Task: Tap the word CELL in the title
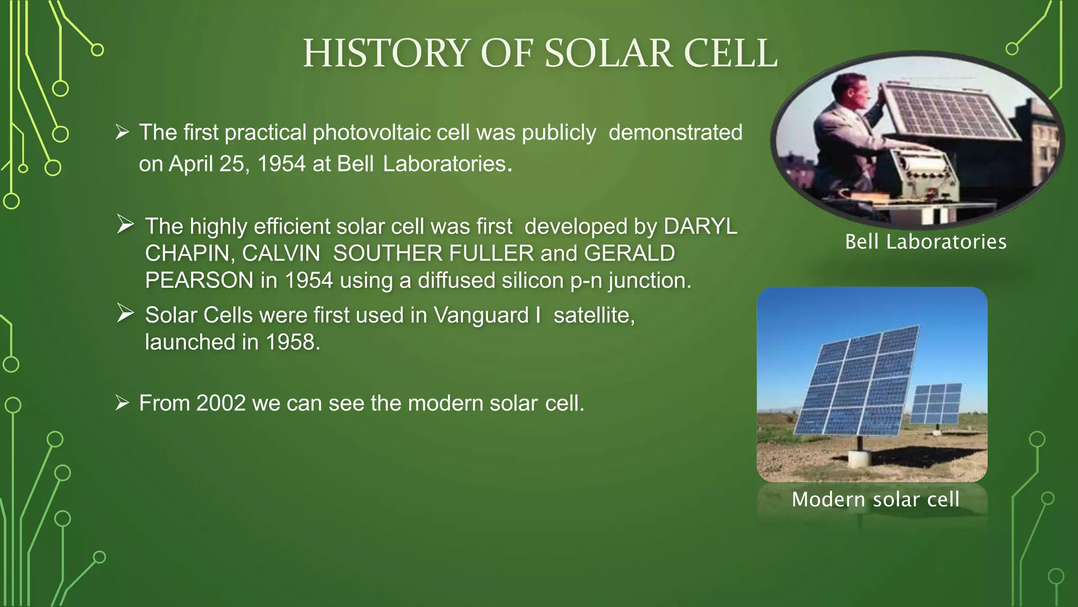point(730,54)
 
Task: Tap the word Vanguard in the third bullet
point(481,315)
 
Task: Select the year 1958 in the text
point(293,342)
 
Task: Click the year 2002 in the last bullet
point(221,403)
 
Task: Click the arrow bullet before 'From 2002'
point(122,403)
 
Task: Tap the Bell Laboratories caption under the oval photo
point(925,242)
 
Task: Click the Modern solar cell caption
point(875,499)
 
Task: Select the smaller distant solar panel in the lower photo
point(936,403)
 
